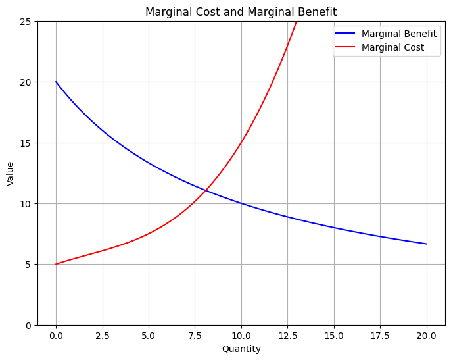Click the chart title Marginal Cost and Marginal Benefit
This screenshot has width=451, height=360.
tap(241, 12)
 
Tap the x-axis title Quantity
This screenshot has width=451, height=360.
tap(241, 349)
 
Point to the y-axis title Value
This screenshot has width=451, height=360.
tap(11, 173)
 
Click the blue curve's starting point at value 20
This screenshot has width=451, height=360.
tap(56, 82)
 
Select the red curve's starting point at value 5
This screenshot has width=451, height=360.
tap(56, 264)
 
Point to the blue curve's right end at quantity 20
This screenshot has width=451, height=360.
tap(427, 244)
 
